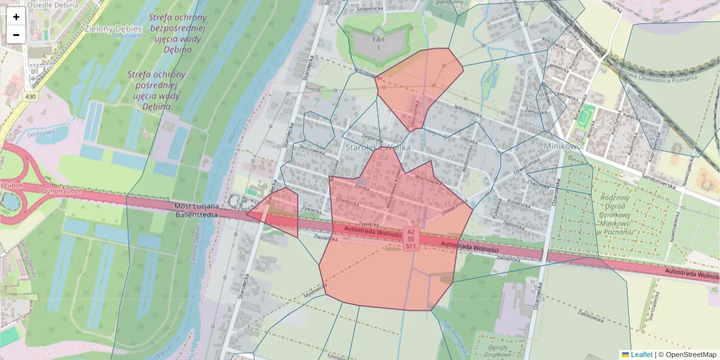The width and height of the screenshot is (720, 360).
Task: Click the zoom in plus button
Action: pos(16,17)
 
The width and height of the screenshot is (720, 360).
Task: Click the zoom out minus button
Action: pos(16,35)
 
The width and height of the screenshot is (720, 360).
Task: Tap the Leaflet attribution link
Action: pos(641,355)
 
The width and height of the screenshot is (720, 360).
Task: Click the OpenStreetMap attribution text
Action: pos(691,355)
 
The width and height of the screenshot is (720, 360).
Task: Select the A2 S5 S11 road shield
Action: pos(411,238)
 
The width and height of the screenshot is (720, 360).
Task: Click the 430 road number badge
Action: pos(30,96)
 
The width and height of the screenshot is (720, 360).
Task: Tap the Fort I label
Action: pos(379,43)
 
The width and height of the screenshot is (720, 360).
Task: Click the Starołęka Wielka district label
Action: pos(378,146)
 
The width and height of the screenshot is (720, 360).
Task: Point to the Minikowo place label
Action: pos(563,146)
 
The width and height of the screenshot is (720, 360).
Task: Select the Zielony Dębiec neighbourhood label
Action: pos(113,28)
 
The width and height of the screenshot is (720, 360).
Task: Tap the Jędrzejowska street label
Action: pos(469,109)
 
